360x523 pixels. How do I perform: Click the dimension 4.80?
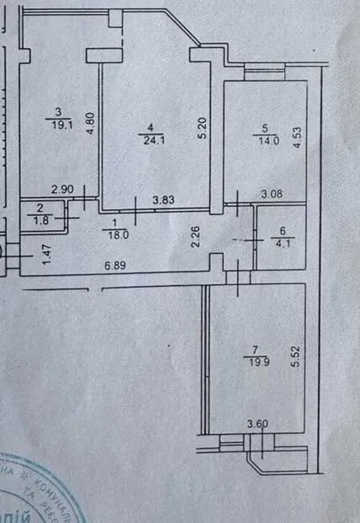[91, 125]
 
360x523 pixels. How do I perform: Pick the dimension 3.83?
[164, 201]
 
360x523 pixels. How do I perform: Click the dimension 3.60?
[256, 423]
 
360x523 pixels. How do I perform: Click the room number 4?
[150, 128]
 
